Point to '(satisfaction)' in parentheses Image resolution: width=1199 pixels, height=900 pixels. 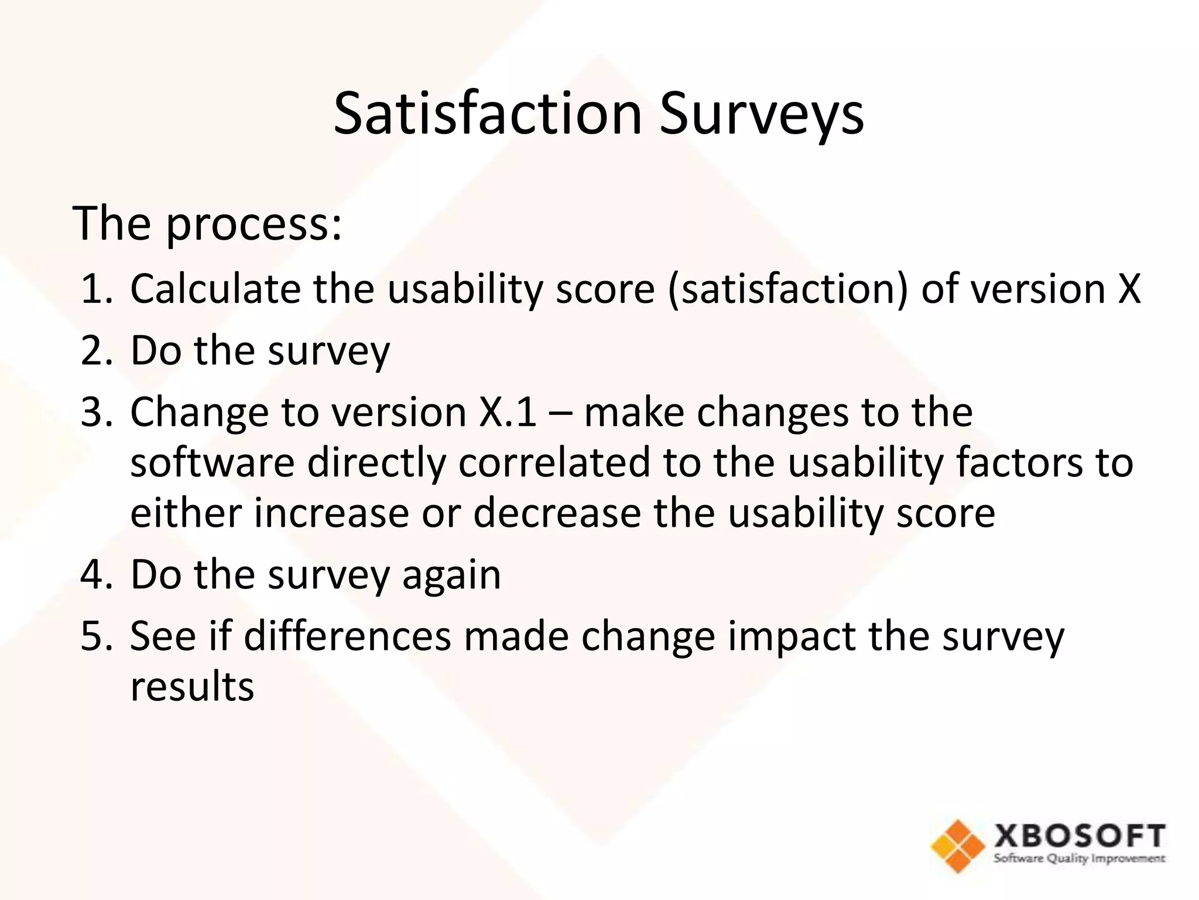point(788,289)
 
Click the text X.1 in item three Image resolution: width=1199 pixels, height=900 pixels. point(508,412)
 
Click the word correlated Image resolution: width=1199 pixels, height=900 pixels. point(554,462)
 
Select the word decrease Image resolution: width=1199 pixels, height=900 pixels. point(557,513)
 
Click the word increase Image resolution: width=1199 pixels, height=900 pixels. point(331,513)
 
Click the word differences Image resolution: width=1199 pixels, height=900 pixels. point(347,636)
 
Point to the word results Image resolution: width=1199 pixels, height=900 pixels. point(192,686)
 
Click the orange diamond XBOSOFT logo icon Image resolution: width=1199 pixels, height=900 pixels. point(958,846)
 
